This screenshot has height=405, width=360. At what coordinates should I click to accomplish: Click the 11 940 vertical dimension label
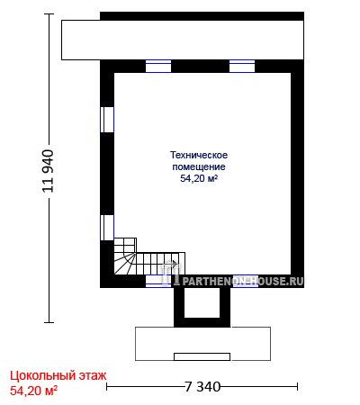point(48,171)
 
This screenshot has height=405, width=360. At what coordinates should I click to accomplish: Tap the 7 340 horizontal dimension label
point(202,387)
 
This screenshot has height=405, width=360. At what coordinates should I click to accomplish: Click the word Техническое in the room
point(199,155)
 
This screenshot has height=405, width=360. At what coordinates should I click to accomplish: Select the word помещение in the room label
point(199,166)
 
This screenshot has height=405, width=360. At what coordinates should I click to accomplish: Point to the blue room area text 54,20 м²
point(199,178)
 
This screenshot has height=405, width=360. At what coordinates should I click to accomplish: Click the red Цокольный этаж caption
point(58,375)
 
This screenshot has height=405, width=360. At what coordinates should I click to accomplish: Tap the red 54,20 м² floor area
point(33,391)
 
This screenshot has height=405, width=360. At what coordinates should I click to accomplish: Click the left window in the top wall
point(158,66)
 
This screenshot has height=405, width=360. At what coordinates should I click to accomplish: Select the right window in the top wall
point(242,66)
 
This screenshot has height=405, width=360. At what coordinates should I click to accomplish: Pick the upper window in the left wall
point(107,120)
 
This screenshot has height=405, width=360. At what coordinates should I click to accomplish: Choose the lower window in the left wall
point(107,228)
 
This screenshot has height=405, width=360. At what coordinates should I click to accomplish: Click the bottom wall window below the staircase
point(158,281)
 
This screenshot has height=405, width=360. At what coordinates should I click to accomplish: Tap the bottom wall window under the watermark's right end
point(246,281)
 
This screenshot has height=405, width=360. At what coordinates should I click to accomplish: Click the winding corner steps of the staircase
point(125,264)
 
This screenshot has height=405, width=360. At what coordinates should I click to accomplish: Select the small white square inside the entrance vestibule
point(202,302)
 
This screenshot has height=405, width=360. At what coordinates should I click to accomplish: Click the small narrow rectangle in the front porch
point(202,356)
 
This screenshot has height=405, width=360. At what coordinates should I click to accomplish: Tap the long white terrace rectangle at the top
point(183,40)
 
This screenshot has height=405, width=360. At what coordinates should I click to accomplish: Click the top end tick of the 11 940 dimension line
point(49,13)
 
